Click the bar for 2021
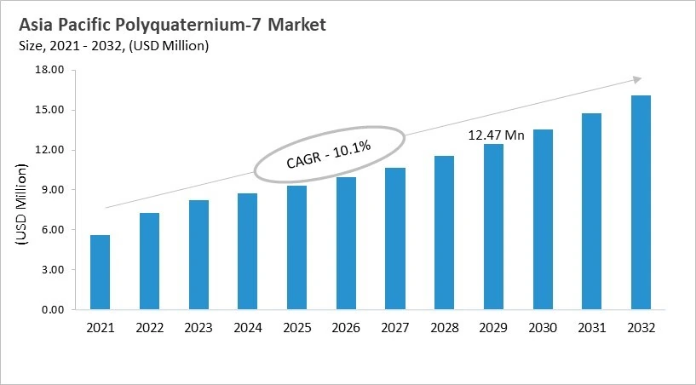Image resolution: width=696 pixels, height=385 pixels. point(100,273)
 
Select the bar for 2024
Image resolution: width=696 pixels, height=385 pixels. point(247,252)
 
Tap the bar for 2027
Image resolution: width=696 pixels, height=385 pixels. point(394,239)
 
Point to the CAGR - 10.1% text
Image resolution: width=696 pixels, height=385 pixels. point(329,153)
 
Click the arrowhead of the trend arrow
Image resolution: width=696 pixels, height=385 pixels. point(637,79)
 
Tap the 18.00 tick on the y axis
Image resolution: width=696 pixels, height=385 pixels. point(49,70)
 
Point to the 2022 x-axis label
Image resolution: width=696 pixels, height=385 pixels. point(149,328)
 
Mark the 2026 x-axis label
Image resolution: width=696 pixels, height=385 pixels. point(345,328)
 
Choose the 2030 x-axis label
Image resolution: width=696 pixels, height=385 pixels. point(542,328)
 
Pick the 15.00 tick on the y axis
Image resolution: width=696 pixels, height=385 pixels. point(49,110)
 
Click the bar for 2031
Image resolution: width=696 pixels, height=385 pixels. point(591,212)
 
